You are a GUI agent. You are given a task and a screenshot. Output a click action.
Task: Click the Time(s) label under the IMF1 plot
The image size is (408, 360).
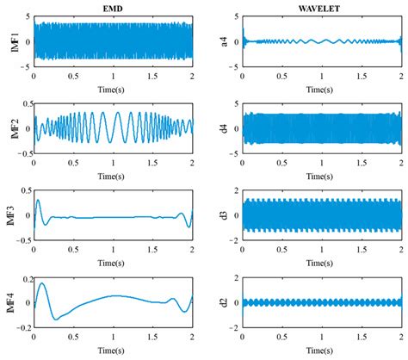pos(114,88)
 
